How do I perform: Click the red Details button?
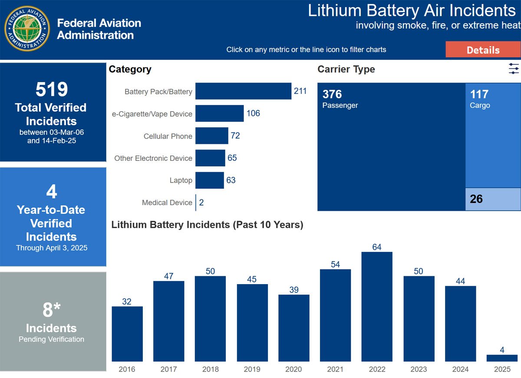click(x=483, y=50)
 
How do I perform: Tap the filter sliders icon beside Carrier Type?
click(x=514, y=69)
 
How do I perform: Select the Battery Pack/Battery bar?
click(x=243, y=91)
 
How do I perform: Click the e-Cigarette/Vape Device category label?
click(x=152, y=114)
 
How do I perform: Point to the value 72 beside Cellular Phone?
click(x=235, y=136)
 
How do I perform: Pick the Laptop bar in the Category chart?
click(x=210, y=180)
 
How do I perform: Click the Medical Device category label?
click(x=167, y=202)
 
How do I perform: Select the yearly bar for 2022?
click(x=377, y=306)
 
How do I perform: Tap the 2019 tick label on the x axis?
click(x=252, y=369)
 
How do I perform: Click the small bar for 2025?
click(x=502, y=358)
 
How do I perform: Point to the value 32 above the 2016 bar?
click(x=127, y=302)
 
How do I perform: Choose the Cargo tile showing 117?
click(x=493, y=135)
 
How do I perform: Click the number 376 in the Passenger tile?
click(x=332, y=94)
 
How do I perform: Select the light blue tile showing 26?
click(x=493, y=199)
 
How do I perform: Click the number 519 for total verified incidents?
click(x=51, y=90)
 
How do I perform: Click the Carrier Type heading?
click(x=346, y=70)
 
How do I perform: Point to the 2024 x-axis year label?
click(x=460, y=369)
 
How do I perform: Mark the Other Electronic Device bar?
click(x=210, y=158)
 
